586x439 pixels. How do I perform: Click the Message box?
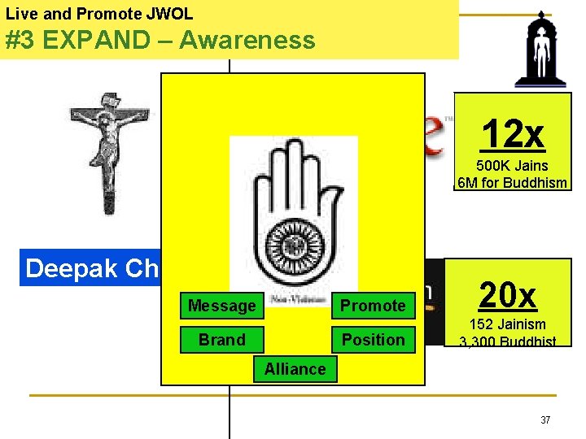click(x=221, y=306)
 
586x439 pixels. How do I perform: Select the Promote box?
click(x=373, y=306)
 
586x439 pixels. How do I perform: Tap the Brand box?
click(x=221, y=340)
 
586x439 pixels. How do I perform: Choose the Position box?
click(x=373, y=340)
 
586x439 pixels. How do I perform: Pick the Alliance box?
click(x=295, y=369)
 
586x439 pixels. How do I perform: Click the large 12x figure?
click(x=513, y=134)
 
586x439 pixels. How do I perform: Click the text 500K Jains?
click(x=513, y=166)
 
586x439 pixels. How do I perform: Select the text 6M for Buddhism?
click(x=513, y=183)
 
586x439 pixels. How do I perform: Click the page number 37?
click(x=545, y=420)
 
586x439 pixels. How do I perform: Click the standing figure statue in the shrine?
click(x=536, y=49)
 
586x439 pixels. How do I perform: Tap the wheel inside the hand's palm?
click(x=293, y=247)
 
